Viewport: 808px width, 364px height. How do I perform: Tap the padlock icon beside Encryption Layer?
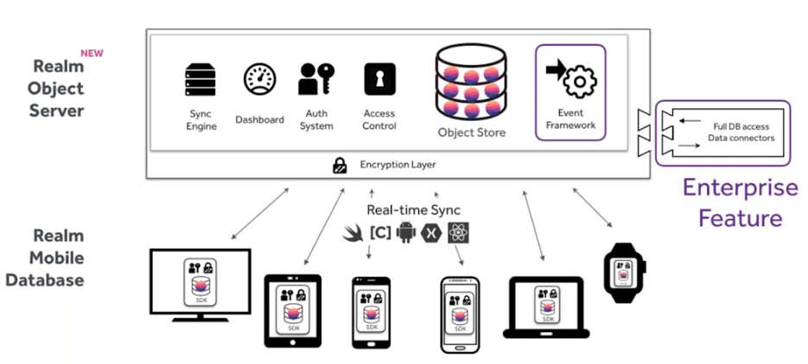pyautogui.click(x=340, y=165)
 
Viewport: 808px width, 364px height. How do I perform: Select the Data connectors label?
pyautogui.click(x=741, y=137)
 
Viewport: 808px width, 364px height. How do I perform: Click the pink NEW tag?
pyautogui.click(x=92, y=53)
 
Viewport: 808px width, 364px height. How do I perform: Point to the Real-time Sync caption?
pyautogui.click(x=413, y=209)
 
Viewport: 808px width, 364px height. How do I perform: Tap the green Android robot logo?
pyautogui.click(x=406, y=233)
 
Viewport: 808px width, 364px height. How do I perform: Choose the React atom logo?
pyautogui.click(x=458, y=233)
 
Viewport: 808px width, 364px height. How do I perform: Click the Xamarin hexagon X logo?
pyautogui.click(x=432, y=233)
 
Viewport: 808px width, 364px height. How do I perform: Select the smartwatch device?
pyautogui.click(x=622, y=272)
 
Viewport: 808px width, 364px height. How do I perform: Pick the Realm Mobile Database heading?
pyautogui.click(x=59, y=257)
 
